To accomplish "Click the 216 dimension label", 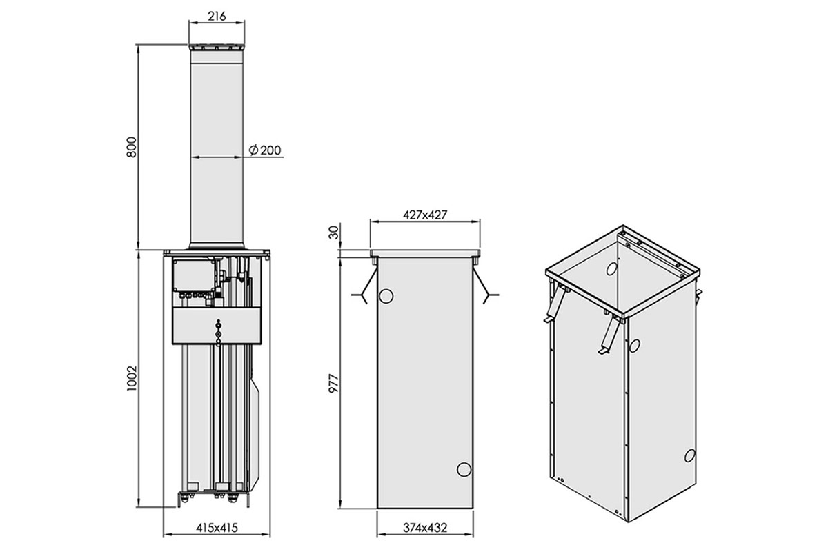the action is coord(217,17).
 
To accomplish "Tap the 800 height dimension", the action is coord(132,147).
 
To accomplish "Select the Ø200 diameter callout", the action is coord(265,150).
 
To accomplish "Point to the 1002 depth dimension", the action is coord(132,379).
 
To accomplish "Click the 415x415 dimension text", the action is coord(217,528).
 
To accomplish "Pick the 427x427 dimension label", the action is coord(425,215).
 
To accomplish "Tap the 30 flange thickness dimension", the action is coord(333,233).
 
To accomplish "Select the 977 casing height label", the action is coord(333,384).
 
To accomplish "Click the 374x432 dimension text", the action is coord(425,528).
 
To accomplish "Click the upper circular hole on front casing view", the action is coord(386,296).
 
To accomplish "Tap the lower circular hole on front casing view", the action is coord(464,470).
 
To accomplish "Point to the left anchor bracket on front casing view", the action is coord(365,286).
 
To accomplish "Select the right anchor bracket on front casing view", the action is coord(485,286).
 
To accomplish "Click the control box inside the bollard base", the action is coord(194,276).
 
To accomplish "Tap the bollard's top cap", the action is coord(217,48).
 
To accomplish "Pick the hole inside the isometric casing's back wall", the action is coord(611,269).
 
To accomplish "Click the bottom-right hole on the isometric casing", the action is coord(689,455).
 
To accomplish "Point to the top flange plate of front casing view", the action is coord(425,254).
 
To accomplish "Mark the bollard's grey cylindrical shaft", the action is coord(217,148).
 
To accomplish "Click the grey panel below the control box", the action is coord(217,326).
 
